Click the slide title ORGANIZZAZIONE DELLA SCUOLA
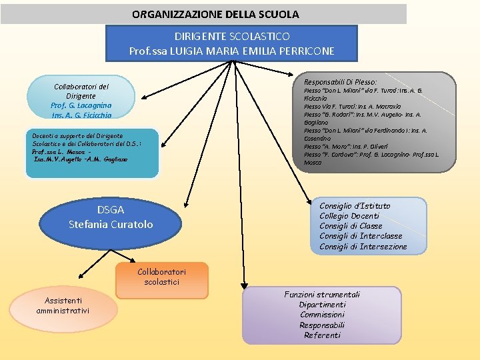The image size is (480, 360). pyautogui.click(x=215, y=14)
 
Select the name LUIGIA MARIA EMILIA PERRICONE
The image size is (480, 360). pyautogui.click(x=252, y=51)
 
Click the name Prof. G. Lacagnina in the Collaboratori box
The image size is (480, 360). pyautogui.click(x=81, y=105)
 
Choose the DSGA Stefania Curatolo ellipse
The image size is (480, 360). pyautogui.click(x=111, y=217)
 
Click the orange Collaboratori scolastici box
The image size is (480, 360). pyautogui.click(x=161, y=277)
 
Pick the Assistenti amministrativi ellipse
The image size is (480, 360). pyautogui.click(x=63, y=306)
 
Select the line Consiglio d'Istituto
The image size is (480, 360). pyautogui.click(x=355, y=206)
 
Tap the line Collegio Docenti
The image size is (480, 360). pyautogui.click(x=349, y=216)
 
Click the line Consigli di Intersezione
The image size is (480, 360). pyautogui.click(x=363, y=247)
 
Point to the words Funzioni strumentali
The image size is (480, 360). pyautogui.click(x=322, y=295)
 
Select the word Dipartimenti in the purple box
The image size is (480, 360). pyautogui.click(x=322, y=305)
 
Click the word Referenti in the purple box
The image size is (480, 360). pyautogui.click(x=322, y=335)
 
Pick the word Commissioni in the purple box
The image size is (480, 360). pyautogui.click(x=322, y=315)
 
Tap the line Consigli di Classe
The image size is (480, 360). pyautogui.click(x=351, y=226)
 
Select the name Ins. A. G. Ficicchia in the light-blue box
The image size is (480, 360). pyautogui.click(x=81, y=115)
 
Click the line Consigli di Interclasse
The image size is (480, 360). pyautogui.click(x=361, y=236)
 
